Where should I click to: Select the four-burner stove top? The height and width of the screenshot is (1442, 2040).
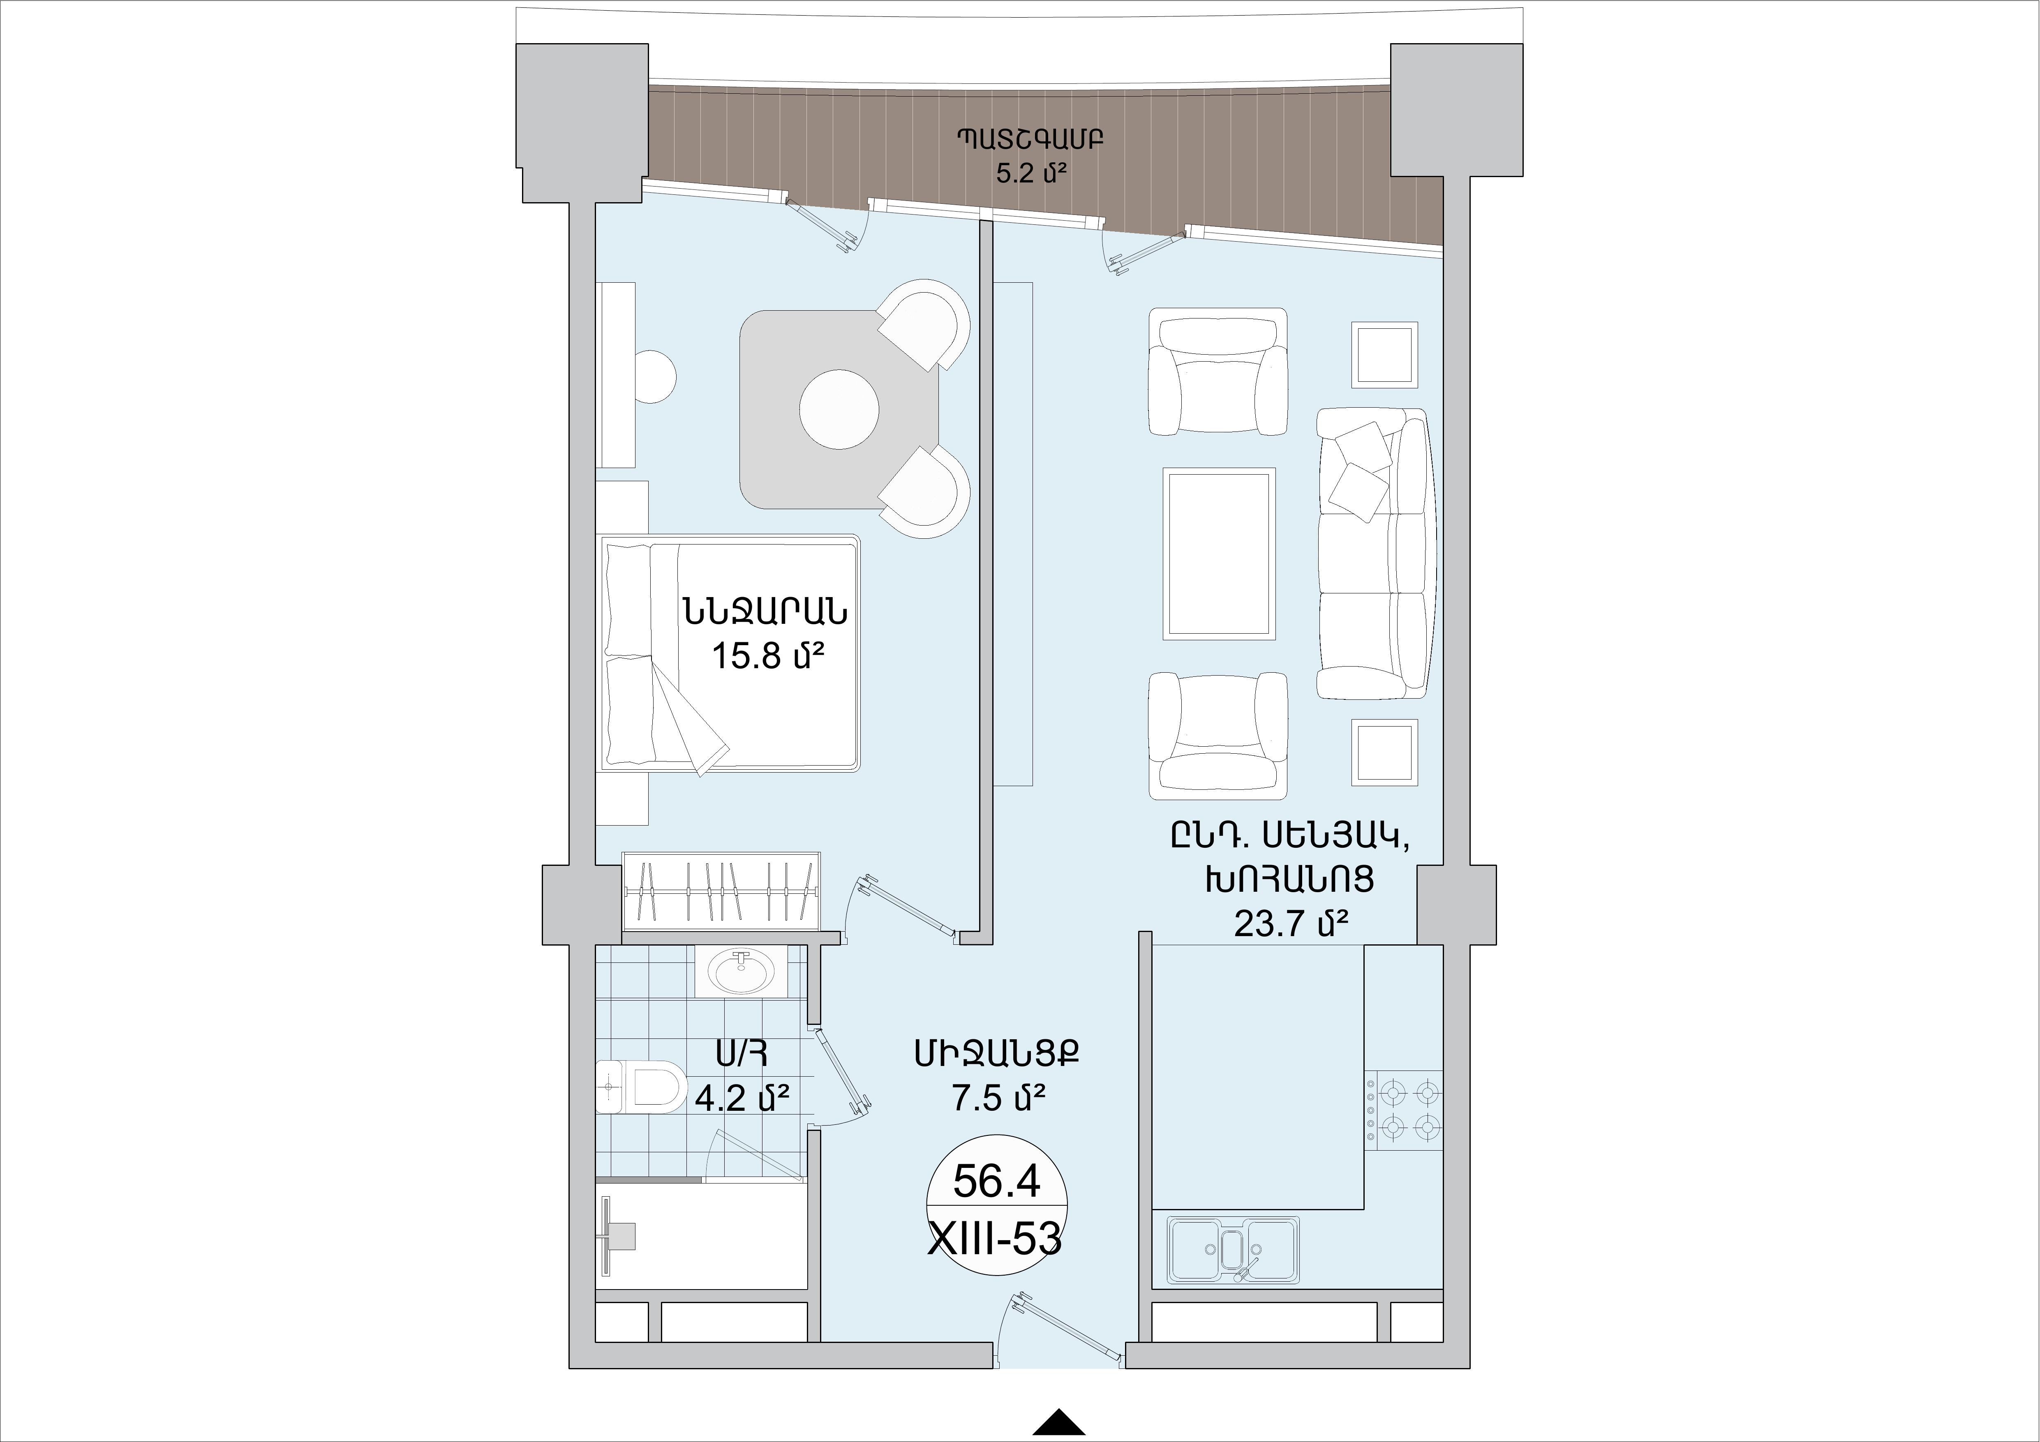click(1404, 1111)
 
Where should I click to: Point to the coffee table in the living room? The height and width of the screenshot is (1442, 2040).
click(1219, 554)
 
